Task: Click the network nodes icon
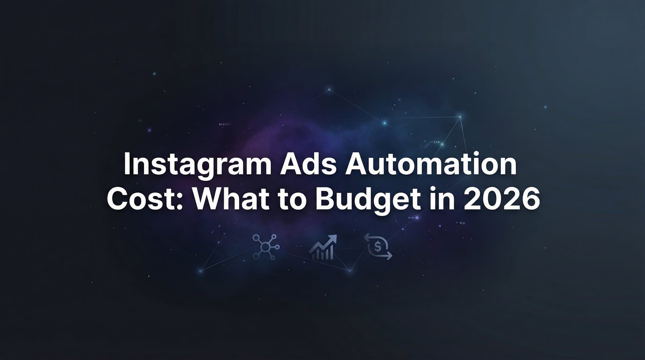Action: click(x=266, y=247)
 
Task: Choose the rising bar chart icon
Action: click(x=323, y=248)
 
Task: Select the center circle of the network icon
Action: click(x=265, y=248)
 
